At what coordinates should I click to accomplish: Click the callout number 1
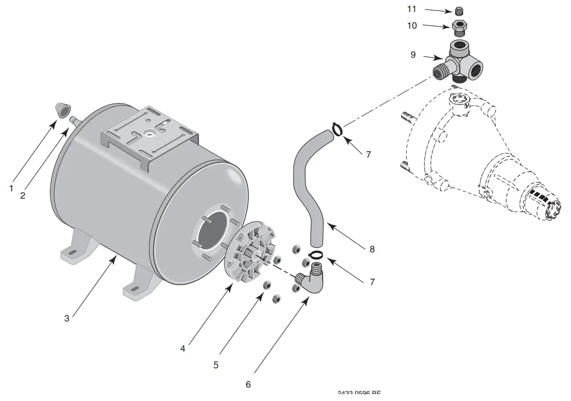click(11, 188)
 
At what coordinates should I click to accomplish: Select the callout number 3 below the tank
click(67, 318)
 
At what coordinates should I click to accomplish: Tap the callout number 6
click(248, 384)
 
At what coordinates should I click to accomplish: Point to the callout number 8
click(372, 249)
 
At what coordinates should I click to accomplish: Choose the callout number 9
click(413, 54)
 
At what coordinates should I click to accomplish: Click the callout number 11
click(412, 9)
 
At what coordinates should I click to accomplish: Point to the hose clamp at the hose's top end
click(336, 128)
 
